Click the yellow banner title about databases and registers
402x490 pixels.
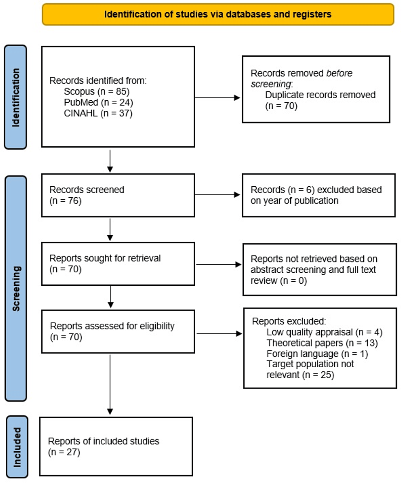point(218,14)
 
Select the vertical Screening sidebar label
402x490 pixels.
point(15,288)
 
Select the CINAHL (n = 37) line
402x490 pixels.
point(93,113)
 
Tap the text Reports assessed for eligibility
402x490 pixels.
point(112,326)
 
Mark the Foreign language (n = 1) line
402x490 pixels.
point(317,354)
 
